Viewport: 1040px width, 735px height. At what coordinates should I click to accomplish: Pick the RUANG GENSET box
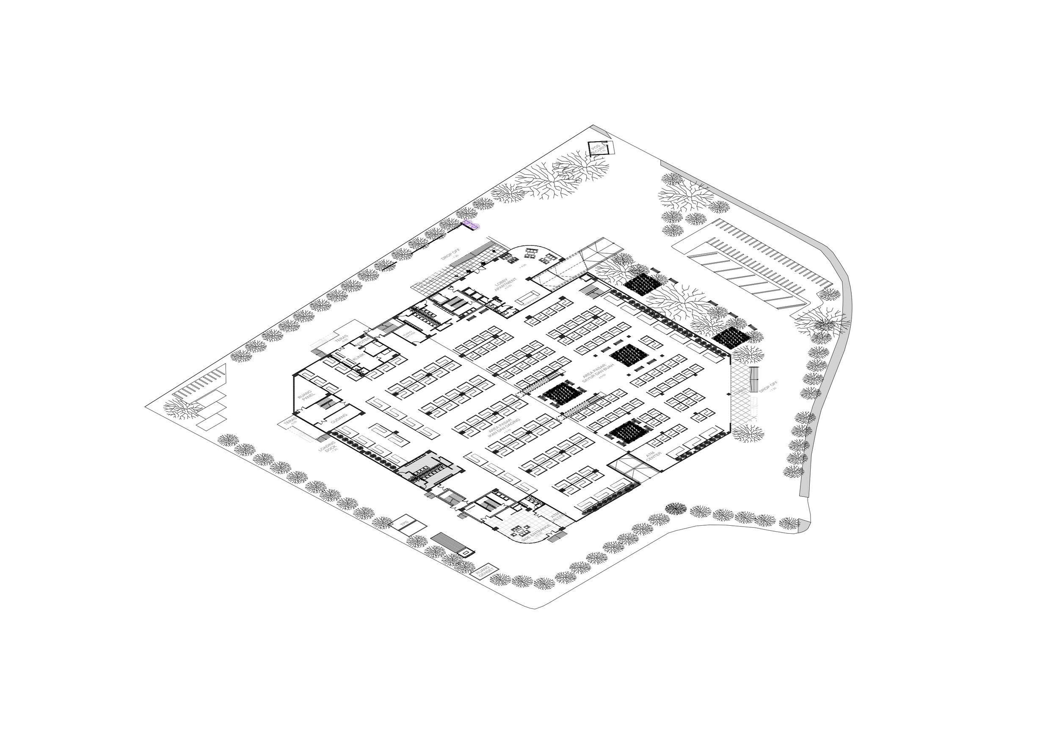(484, 572)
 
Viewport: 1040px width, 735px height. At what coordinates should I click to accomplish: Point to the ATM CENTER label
(653, 457)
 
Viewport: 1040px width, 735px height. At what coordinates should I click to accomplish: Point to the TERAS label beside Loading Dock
(289, 422)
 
